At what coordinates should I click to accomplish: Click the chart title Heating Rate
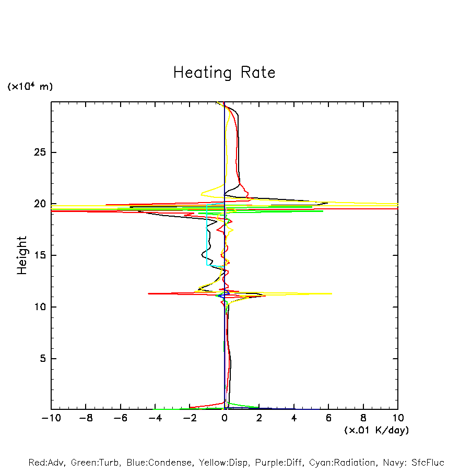pos(224,72)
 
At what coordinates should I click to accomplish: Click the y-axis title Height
pos(22,255)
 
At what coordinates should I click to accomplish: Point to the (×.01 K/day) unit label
pos(376,430)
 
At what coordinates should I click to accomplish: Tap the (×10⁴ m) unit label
pos(30,86)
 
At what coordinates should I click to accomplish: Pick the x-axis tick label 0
pos(225,418)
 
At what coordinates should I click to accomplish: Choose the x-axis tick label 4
pos(294,418)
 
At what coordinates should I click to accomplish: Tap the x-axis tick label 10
pos(397,418)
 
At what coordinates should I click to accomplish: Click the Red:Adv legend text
pos(46,463)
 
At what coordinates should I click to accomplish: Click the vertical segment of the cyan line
pos(207,235)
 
